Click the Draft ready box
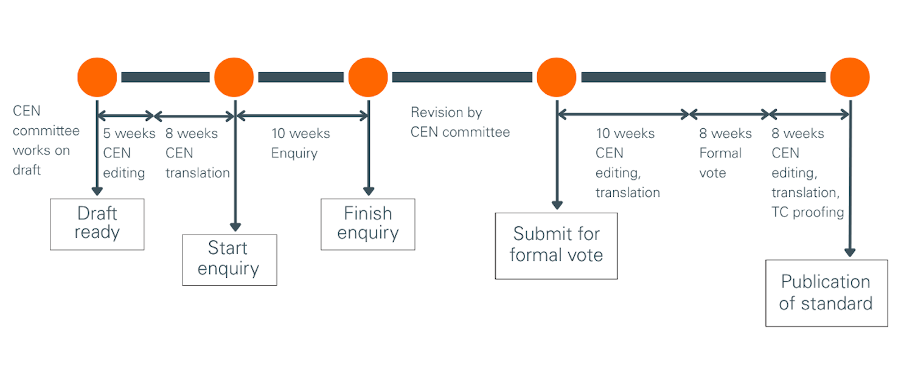pos(97,223)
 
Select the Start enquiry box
pos(229,259)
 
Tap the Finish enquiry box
pos(367,223)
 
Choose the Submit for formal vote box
pos(556,244)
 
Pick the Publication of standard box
pos(826,292)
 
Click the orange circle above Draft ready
pos(97,77)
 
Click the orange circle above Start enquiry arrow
pos(234,77)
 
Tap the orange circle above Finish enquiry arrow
pos(367,77)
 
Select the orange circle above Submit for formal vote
pos(556,77)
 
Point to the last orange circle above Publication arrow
pos(850,77)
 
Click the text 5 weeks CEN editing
pos(128,153)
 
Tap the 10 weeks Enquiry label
pos(300,143)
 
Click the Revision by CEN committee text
pos(459,122)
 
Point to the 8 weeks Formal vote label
pos(725,153)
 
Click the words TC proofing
pos(807,212)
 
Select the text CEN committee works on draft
pos(46,141)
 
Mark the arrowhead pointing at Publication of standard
pos(850,252)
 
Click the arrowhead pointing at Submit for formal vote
pos(556,205)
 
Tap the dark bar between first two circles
pos(165,77)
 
